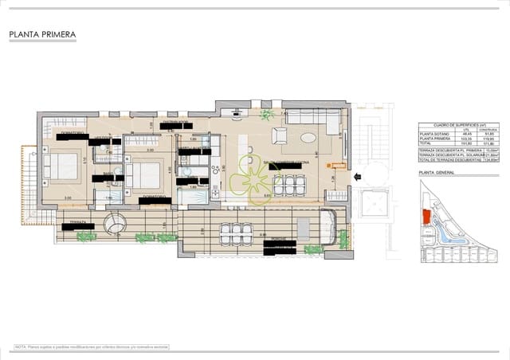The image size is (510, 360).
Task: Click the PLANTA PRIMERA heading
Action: tap(42, 35)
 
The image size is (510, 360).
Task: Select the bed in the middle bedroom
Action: tap(144, 174)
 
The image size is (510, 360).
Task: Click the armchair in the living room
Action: tap(280, 133)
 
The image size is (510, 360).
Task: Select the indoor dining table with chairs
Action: tap(288, 185)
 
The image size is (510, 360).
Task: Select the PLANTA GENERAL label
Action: tap(435, 173)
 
